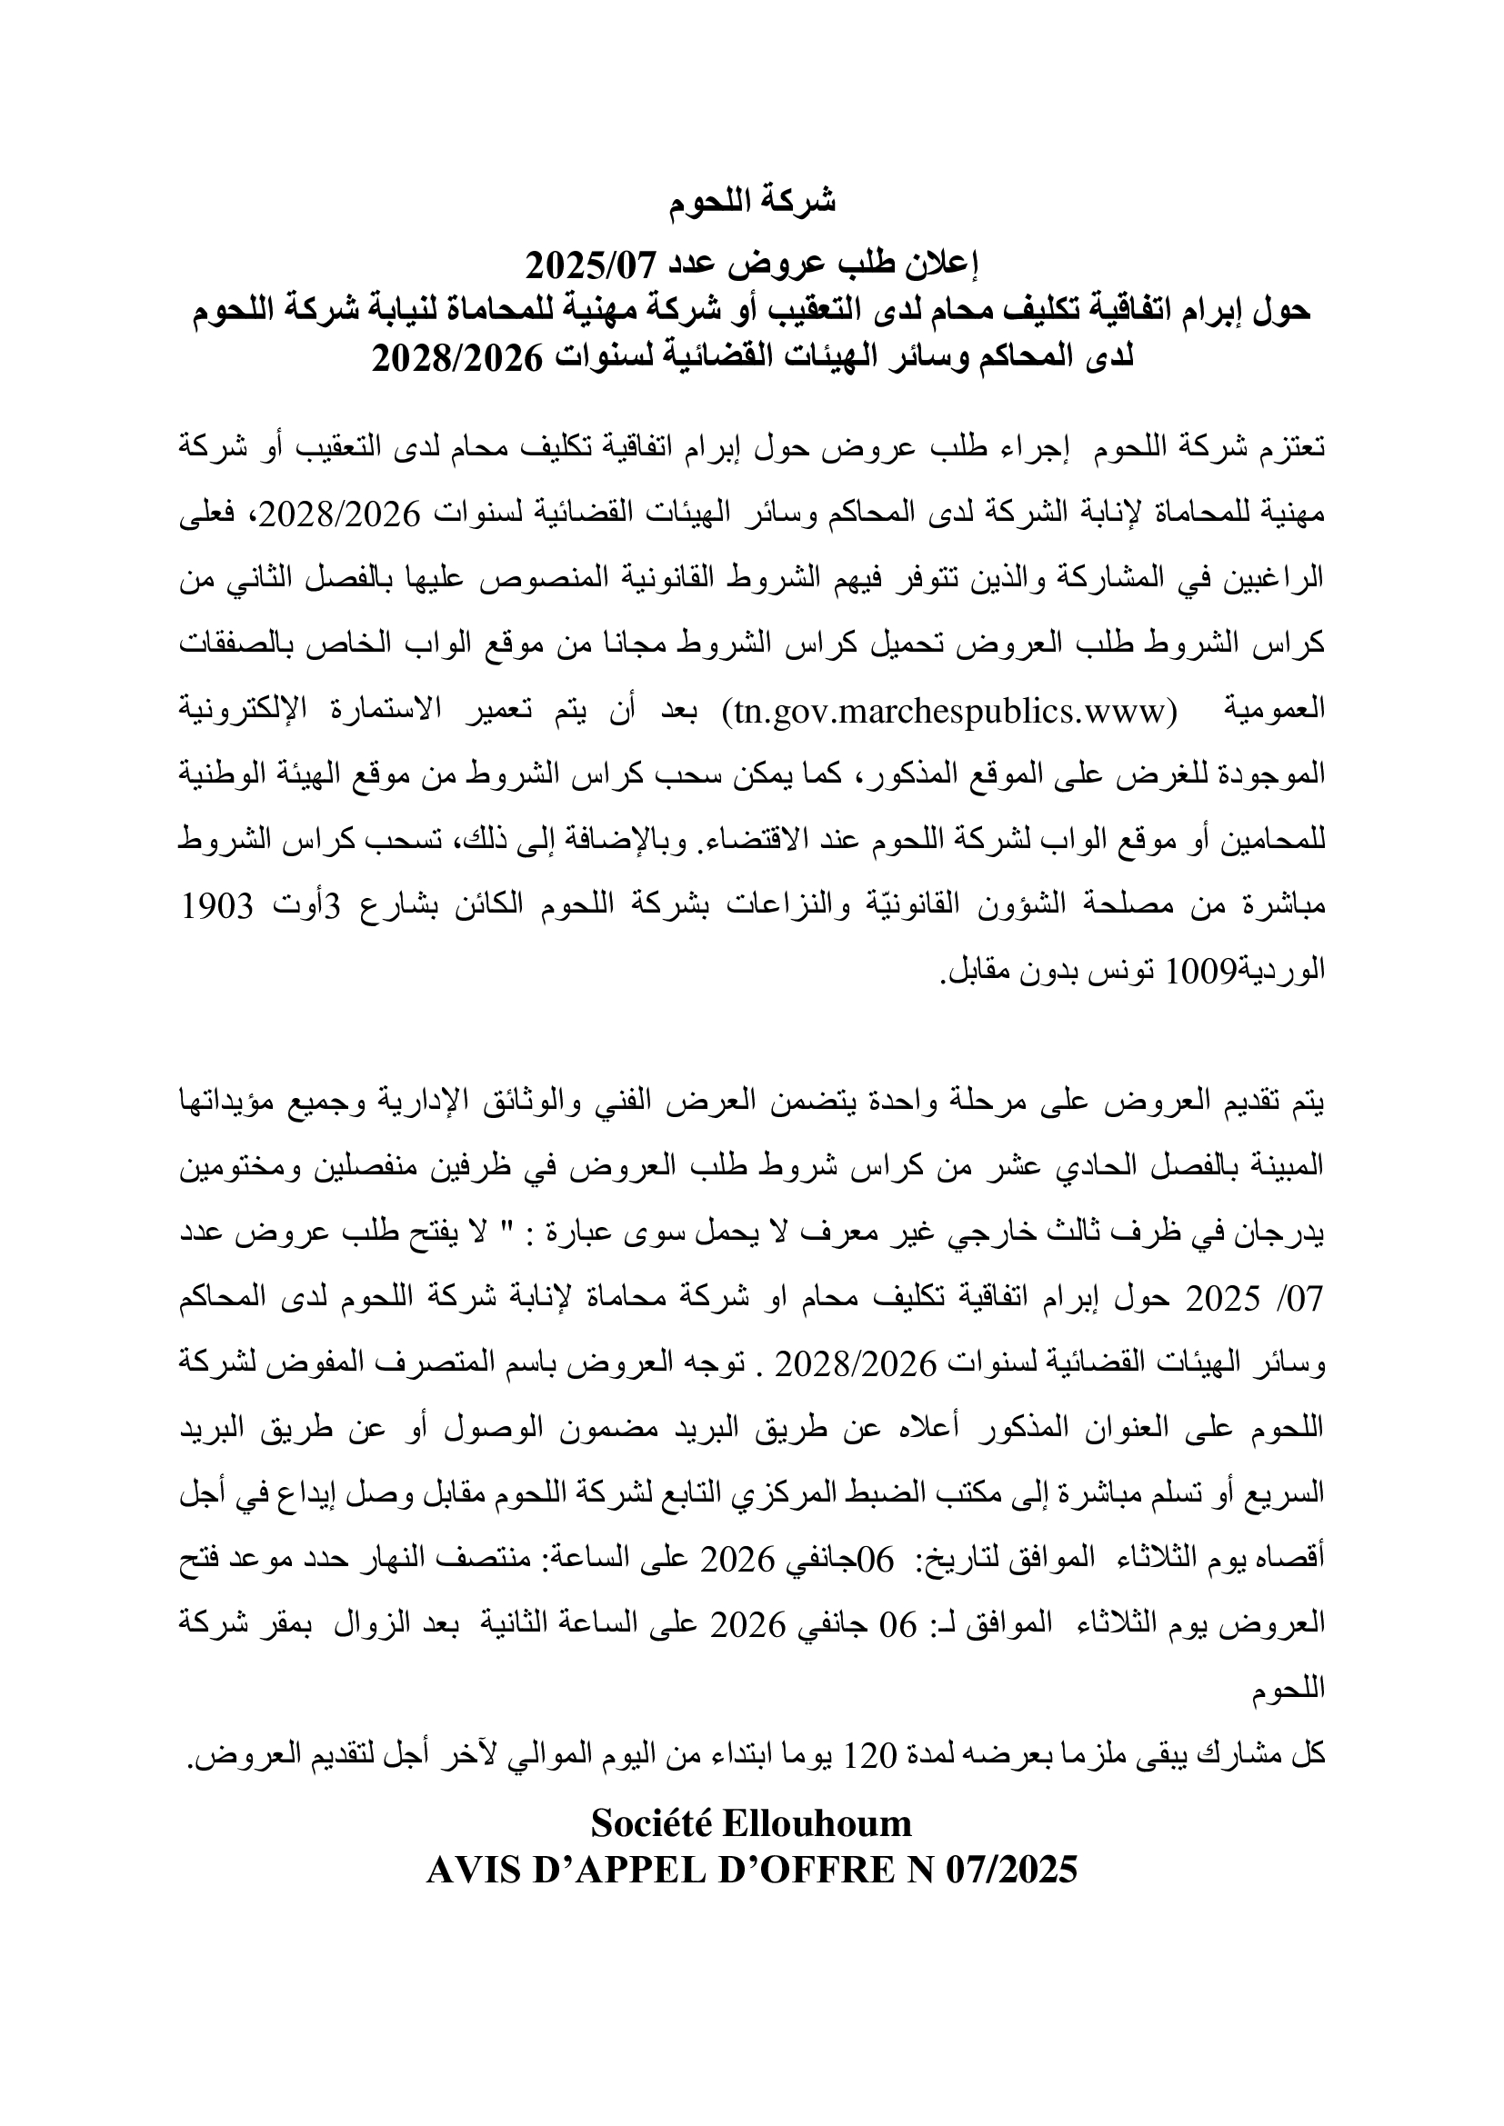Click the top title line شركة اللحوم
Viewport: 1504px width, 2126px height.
752,201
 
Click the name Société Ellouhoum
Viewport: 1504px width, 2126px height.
751,1823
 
